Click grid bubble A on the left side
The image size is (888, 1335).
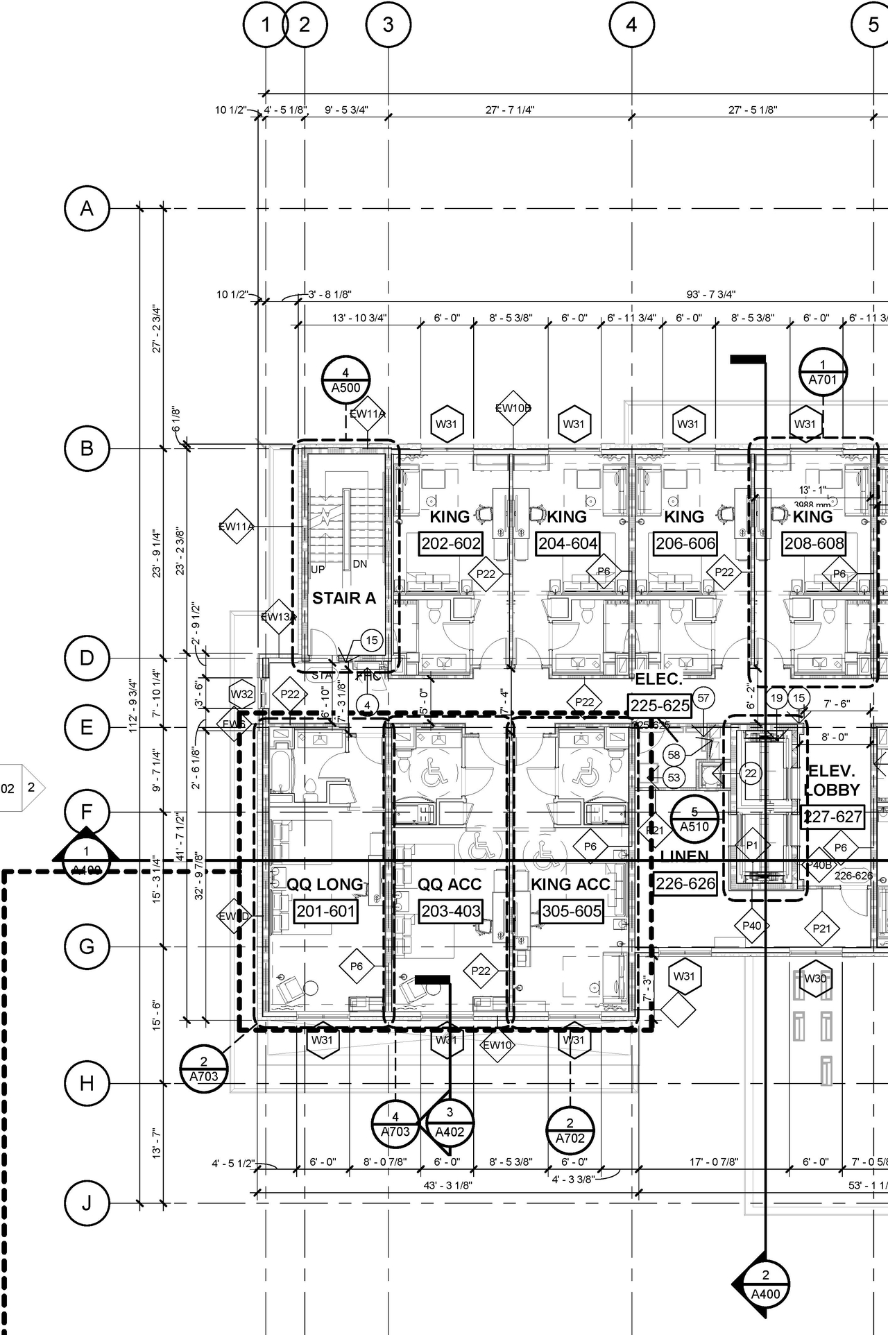[x=87, y=208]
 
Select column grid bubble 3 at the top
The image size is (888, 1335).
[x=388, y=25]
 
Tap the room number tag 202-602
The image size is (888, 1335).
[x=451, y=543]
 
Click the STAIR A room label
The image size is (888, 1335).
[x=343, y=598]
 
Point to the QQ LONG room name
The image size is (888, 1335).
[x=325, y=885]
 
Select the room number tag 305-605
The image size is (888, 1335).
[x=571, y=911]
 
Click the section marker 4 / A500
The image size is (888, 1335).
[x=345, y=380]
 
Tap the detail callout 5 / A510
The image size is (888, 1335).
[x=694, y=819]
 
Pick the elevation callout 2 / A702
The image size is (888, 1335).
[x=570, y=1130]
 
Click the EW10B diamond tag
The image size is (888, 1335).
[x=513, y=408]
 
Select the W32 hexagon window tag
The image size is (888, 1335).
[x=242, y=694]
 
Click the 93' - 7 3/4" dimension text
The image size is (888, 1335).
[x=711, y=294]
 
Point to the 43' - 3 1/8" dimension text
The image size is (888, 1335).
[x=447, y=1185]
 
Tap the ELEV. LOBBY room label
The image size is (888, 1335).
[x=832, y=781]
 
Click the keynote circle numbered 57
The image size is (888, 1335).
[x=703, y=698]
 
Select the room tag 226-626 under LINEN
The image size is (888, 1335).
[x=685, y=883]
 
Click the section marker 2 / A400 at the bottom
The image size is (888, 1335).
[x=765, y=1284]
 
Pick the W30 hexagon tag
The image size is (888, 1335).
[x=815, y=978]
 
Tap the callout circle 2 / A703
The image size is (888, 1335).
[x=203, y=1069]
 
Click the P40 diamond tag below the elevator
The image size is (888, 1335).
[x=752, y=926]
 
